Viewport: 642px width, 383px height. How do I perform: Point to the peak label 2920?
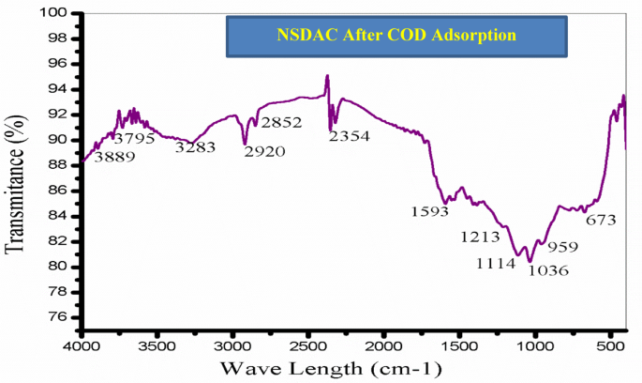coord(264,151)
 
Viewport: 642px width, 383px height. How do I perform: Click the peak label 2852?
coord(282,123)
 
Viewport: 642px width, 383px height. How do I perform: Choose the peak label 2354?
coord(350,136)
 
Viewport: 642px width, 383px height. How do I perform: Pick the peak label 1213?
coord(481,237)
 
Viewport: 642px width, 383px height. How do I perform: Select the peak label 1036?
coord(549,270)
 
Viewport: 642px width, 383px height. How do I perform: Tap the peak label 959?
coord(562,247)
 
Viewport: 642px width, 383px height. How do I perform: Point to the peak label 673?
coord(602,221)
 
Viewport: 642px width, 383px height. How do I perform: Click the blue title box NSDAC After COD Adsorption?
coord(397,36)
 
